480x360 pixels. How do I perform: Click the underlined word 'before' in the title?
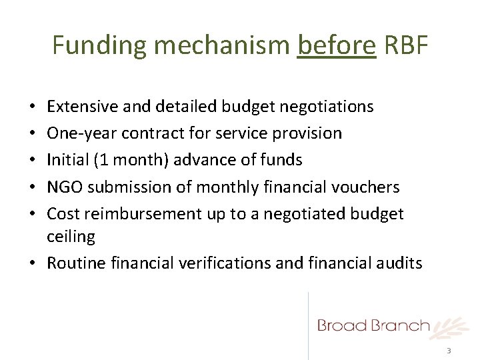(x=337, y=45)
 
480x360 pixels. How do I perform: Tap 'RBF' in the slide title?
(x=405, y=45)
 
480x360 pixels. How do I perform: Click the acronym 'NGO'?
(x=63, y=187)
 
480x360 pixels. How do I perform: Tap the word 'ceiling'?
(x=71, y=237)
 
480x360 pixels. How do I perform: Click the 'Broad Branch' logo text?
(x=373, y=326)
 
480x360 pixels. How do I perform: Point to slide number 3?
(x=449, y=351)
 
